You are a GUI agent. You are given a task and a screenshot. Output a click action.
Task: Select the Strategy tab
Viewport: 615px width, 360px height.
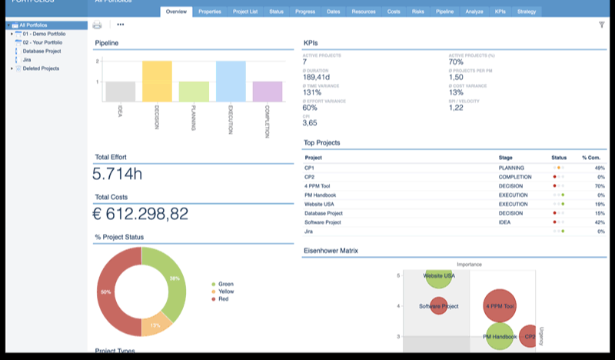527,12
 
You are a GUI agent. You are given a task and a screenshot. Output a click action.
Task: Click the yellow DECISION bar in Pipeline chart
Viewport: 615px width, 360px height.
157,82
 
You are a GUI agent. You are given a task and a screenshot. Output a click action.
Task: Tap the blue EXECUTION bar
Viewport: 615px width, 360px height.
231,82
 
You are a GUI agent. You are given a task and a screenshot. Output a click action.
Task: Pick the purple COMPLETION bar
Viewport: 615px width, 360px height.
268,92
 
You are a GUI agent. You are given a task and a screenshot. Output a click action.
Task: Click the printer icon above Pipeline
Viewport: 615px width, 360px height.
98,25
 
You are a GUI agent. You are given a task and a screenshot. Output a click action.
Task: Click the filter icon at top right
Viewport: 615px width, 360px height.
601,25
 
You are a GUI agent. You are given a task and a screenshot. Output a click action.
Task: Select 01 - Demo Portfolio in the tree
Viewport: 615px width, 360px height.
44,35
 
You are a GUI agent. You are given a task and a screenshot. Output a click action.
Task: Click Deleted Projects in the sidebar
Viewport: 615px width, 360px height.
41,68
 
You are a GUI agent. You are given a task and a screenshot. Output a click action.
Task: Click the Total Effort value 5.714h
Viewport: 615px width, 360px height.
118,174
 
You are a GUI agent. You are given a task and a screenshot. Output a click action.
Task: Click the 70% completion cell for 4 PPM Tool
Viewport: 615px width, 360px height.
599,185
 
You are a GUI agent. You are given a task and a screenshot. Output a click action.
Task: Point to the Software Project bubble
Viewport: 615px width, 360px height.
438,306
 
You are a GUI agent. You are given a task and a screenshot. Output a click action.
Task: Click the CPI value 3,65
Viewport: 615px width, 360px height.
310,123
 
